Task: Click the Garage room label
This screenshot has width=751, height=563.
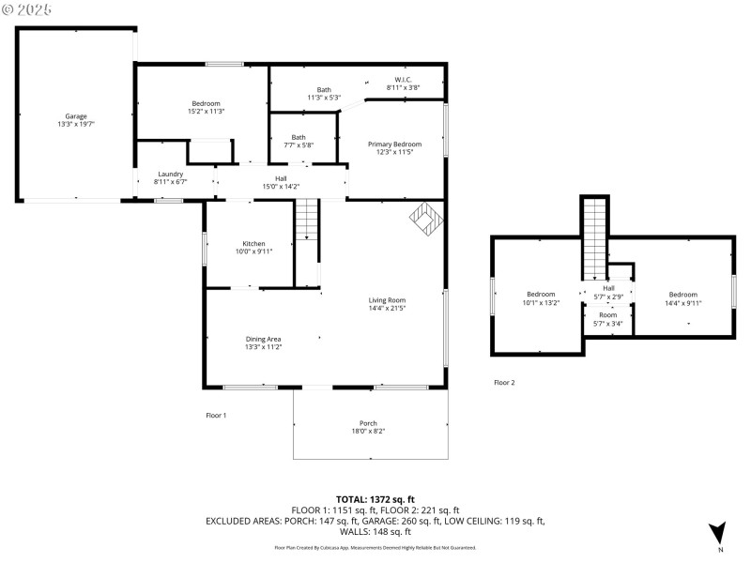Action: [76, 119]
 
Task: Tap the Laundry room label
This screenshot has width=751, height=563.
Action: [170, 177]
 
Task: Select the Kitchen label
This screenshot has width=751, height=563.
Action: [253, 247]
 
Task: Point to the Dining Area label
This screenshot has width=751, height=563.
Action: [263, 342]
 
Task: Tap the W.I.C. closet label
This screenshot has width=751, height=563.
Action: [403, 84]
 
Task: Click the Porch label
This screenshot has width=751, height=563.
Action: [368, 427]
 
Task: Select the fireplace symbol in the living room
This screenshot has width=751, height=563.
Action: [424, 218]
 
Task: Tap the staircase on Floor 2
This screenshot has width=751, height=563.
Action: [595, 239]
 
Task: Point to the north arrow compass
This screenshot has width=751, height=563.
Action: [718, 533]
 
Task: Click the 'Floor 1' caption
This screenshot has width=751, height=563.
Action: [216, 415]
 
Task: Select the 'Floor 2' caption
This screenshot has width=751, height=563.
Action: [504, 383]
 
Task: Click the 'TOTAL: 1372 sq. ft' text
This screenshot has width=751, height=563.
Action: [375, 498]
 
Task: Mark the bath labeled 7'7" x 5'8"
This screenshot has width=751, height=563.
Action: [299, 141]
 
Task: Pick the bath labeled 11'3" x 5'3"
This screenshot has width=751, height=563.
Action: [323, 93]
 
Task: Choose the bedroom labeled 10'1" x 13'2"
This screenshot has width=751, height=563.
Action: [541, 297]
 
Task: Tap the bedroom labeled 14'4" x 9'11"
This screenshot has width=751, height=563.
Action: [682, 297]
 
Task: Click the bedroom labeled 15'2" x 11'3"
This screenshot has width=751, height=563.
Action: [207, 107]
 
